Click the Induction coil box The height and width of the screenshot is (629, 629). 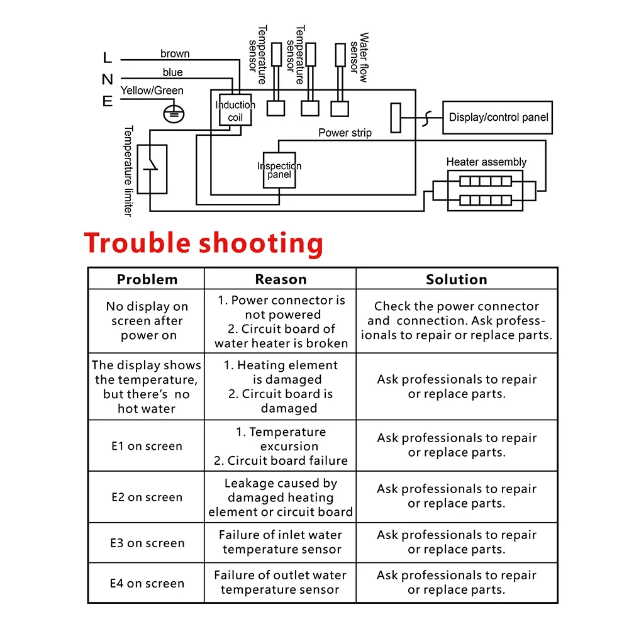tap(235, 111)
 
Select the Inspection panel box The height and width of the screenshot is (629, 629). tap(279, 170)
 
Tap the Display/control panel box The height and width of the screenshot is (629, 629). tap(498, 117)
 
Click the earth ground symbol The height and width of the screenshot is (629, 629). tap(174, 113)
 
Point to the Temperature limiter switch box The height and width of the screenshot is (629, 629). tap(152, 169)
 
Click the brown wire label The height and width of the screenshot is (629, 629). tap(175, 54)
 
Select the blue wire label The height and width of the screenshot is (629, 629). tap(172, 72)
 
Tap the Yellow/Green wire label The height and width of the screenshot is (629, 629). tap(152, 91)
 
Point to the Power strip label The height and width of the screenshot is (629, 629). tap(345, 133)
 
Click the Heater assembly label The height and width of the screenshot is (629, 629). tap(486, 162)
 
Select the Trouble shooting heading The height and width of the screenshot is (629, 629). tap(204, 243)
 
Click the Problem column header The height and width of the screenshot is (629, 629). tap(147, 279)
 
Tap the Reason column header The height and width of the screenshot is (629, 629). tap(281, 279)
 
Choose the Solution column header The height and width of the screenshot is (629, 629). tap(457, 279)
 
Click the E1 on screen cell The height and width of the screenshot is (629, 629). tap(147, 446)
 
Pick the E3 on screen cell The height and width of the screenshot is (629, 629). tap(147, 543)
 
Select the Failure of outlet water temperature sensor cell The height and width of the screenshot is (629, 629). tap(280, 582)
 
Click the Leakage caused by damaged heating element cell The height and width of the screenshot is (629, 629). tap(281, 498)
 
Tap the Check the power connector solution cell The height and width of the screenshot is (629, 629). tap(457, 321)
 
